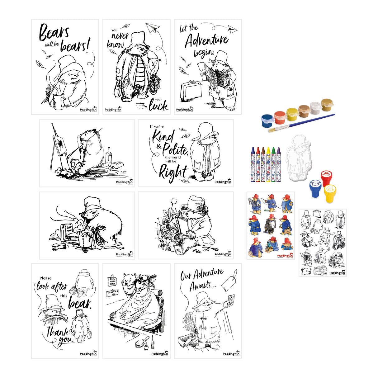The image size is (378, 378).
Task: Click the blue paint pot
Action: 267,120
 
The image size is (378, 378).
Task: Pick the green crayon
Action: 273,164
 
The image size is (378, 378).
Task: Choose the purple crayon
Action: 279,164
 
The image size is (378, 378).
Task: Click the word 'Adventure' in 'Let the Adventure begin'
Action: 206,41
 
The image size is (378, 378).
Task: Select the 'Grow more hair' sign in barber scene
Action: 112,281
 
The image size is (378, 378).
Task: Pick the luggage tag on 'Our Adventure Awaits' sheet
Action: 231,276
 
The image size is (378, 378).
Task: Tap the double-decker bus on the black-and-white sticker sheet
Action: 321,270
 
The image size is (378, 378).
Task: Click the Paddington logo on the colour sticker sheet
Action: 285,256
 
